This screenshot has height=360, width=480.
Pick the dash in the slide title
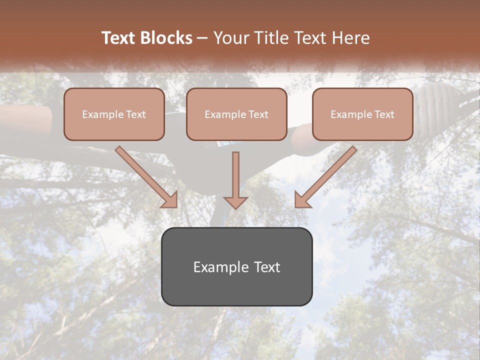click(202, 38)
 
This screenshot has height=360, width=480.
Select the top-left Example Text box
click(114, 114)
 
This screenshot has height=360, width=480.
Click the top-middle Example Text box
click(236, 114)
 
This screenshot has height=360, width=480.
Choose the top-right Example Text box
click(362, 114)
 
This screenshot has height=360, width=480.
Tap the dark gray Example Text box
click(236, 266)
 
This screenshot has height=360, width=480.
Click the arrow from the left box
click(145, 175)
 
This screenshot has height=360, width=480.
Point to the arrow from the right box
click(327, 175)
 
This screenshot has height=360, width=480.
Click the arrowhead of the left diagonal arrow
click(170, 199)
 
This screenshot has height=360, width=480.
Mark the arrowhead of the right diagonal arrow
click(302, 199)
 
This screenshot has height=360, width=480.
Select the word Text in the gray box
click(266, 267)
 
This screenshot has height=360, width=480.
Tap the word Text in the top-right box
click(384, 114)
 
